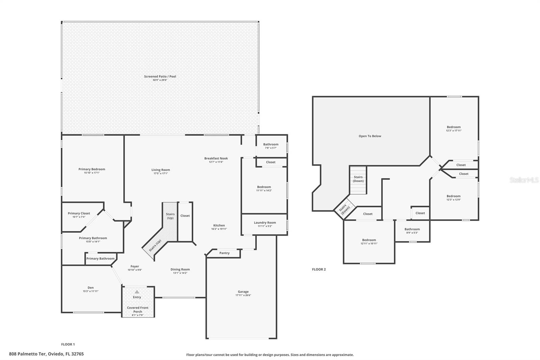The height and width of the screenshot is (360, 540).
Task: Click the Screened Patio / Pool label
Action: (160, 76)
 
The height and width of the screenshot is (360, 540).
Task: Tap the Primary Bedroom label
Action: (92, 169)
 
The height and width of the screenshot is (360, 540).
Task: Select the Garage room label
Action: (243, 291)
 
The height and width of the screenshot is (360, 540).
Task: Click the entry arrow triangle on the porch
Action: (137, 292)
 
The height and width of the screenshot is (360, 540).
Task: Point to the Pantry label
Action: (224, 253)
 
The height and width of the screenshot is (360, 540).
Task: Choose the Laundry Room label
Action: (265, 223)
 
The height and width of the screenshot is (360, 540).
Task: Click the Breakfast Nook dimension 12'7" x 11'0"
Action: (216, 162)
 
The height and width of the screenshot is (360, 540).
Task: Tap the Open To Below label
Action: (370, 136)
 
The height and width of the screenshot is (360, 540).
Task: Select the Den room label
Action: (90, 288)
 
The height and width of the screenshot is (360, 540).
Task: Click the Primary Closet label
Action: (79, 213)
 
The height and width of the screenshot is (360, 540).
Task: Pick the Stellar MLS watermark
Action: (524, 180)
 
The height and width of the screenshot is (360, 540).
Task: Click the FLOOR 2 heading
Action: (319, 269)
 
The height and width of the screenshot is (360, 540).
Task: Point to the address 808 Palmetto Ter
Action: (46, 354)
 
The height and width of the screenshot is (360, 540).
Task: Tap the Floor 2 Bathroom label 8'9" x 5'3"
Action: (412, 233)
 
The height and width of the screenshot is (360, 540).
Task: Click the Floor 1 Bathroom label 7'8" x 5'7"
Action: (271, 148)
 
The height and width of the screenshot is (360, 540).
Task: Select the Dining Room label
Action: (180, 269)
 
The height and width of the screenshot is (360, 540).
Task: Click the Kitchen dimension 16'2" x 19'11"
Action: (219, 229)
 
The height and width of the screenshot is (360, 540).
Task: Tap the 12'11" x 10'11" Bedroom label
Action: (369, 243)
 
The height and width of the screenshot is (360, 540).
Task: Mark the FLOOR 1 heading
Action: (68, 344)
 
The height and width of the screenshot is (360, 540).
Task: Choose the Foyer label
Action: (135, 266)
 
